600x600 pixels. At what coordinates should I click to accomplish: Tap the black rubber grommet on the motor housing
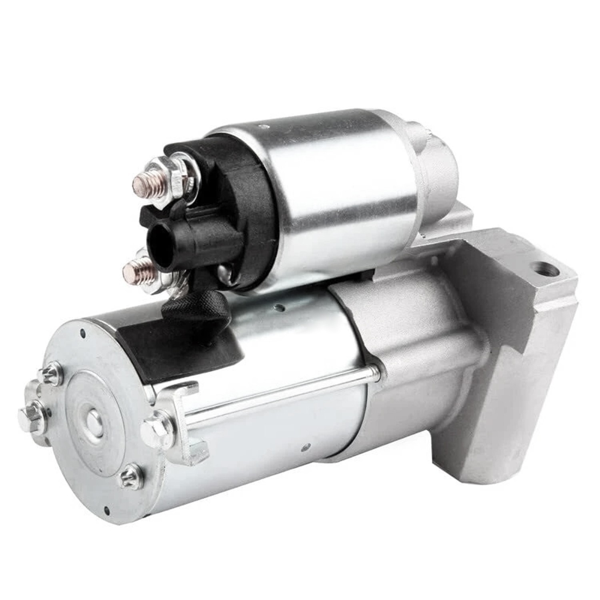(x=176, y=348)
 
